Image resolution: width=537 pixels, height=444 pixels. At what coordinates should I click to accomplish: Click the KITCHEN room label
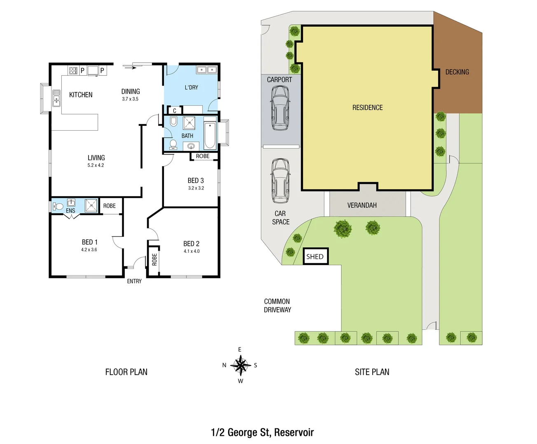[81, 95]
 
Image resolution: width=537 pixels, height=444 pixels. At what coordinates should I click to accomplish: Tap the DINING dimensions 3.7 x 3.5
[130, 99]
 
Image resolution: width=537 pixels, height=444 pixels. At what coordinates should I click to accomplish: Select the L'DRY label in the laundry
[191, 88]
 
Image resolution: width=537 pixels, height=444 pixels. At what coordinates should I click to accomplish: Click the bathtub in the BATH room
[210, 133]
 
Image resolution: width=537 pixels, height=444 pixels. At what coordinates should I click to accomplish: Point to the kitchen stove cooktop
[73, 71]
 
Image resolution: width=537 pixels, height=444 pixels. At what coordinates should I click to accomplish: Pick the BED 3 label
[196, 180]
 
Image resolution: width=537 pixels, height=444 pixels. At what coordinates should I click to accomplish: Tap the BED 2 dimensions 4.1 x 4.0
[191, 251]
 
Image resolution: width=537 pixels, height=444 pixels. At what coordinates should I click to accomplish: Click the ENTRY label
[134, 281]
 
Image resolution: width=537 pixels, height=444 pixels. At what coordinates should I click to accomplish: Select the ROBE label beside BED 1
[110, 206]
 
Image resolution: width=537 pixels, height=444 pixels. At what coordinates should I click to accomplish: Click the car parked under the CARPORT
[280, 108]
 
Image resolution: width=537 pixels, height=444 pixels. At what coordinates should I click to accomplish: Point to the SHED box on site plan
[315, 257]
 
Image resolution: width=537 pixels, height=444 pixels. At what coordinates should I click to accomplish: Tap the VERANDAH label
[362, 205]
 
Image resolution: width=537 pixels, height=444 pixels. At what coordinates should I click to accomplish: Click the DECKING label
[457, 72]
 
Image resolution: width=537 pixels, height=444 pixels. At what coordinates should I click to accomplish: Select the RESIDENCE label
[367, 108]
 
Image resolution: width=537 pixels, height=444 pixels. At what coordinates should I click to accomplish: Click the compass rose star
[240, 365]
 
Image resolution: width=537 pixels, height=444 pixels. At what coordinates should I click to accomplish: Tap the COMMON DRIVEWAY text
[277, 305]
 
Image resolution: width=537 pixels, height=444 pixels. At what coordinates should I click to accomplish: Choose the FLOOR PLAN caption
[126, 372]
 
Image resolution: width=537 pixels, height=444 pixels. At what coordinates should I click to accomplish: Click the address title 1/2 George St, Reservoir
[262, 432]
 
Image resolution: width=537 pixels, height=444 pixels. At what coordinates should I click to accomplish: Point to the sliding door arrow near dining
[129, 67]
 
